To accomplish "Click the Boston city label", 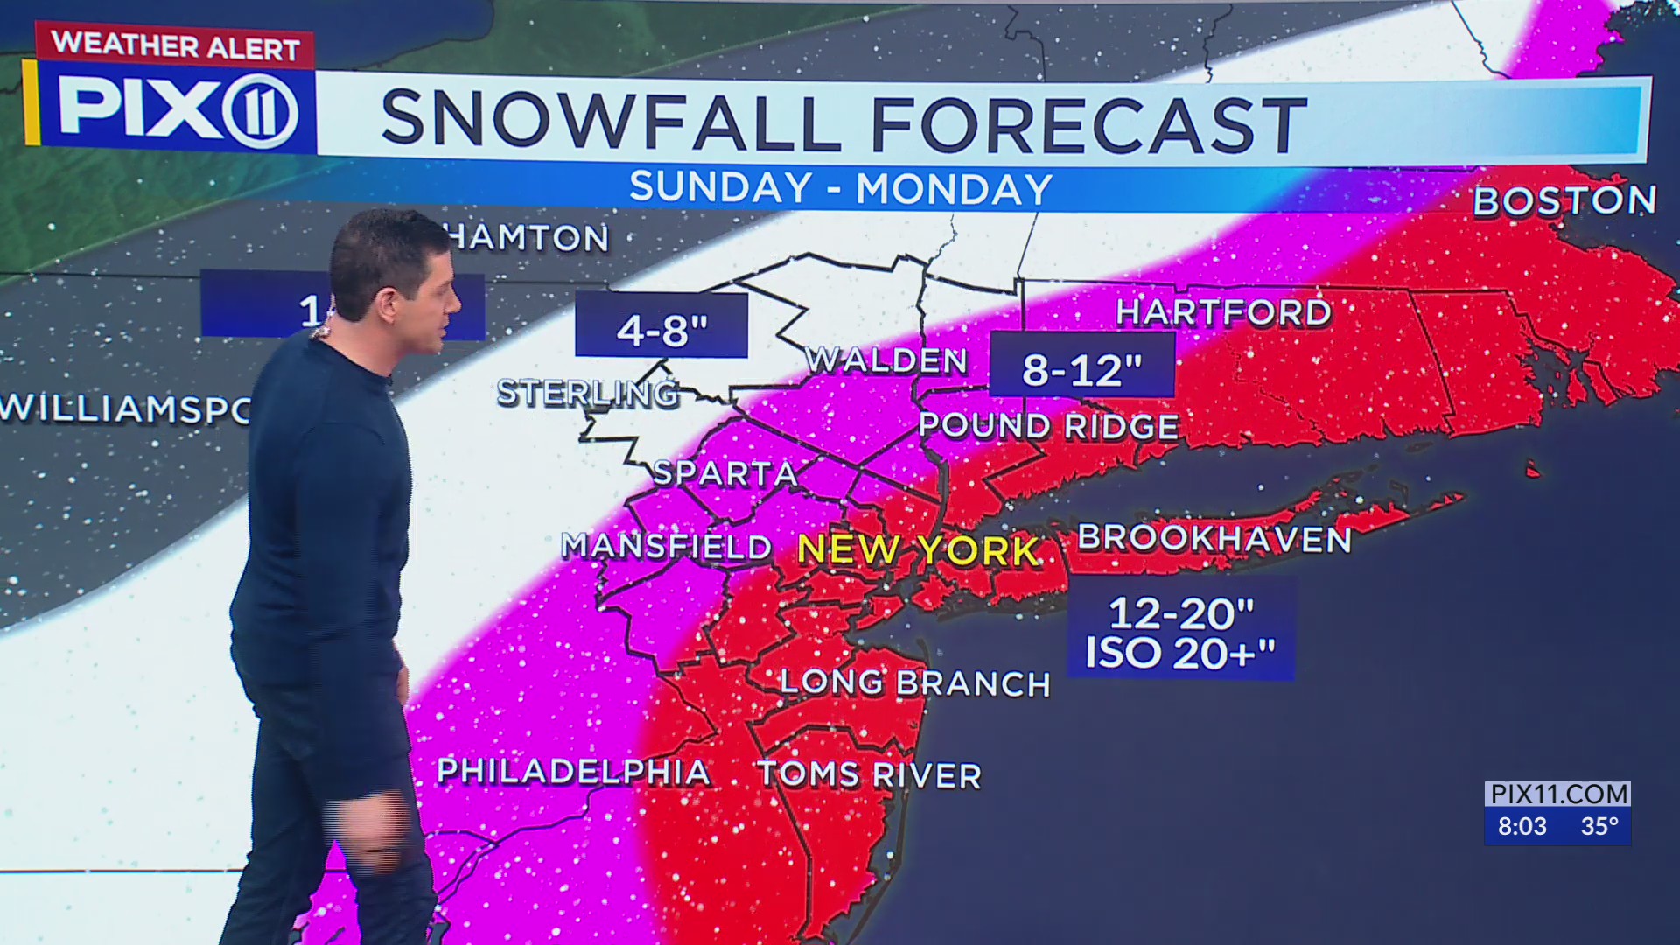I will [x=1564, y=201].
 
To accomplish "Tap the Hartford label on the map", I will [x=1223, y=312].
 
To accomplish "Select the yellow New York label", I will [x=919, y=550].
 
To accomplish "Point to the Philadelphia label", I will [x=573, y=772].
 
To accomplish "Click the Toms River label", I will [x=869, y=775].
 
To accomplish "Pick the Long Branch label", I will [x=914, y=683].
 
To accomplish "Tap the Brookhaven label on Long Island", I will [x=1214, y=539].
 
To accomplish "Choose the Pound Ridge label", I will [x=1048, y=426].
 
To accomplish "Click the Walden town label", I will [x=886, y=360].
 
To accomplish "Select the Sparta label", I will [x=725, y=473].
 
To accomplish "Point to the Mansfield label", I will [x=667, y=546].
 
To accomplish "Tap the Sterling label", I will [x=588, y=394].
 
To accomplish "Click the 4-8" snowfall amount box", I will [x=661, y=326].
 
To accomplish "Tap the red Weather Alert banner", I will [x=175, y=45].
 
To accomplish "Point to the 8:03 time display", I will [x=1522, y=826].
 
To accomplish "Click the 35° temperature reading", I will [x=1599, y=826].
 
